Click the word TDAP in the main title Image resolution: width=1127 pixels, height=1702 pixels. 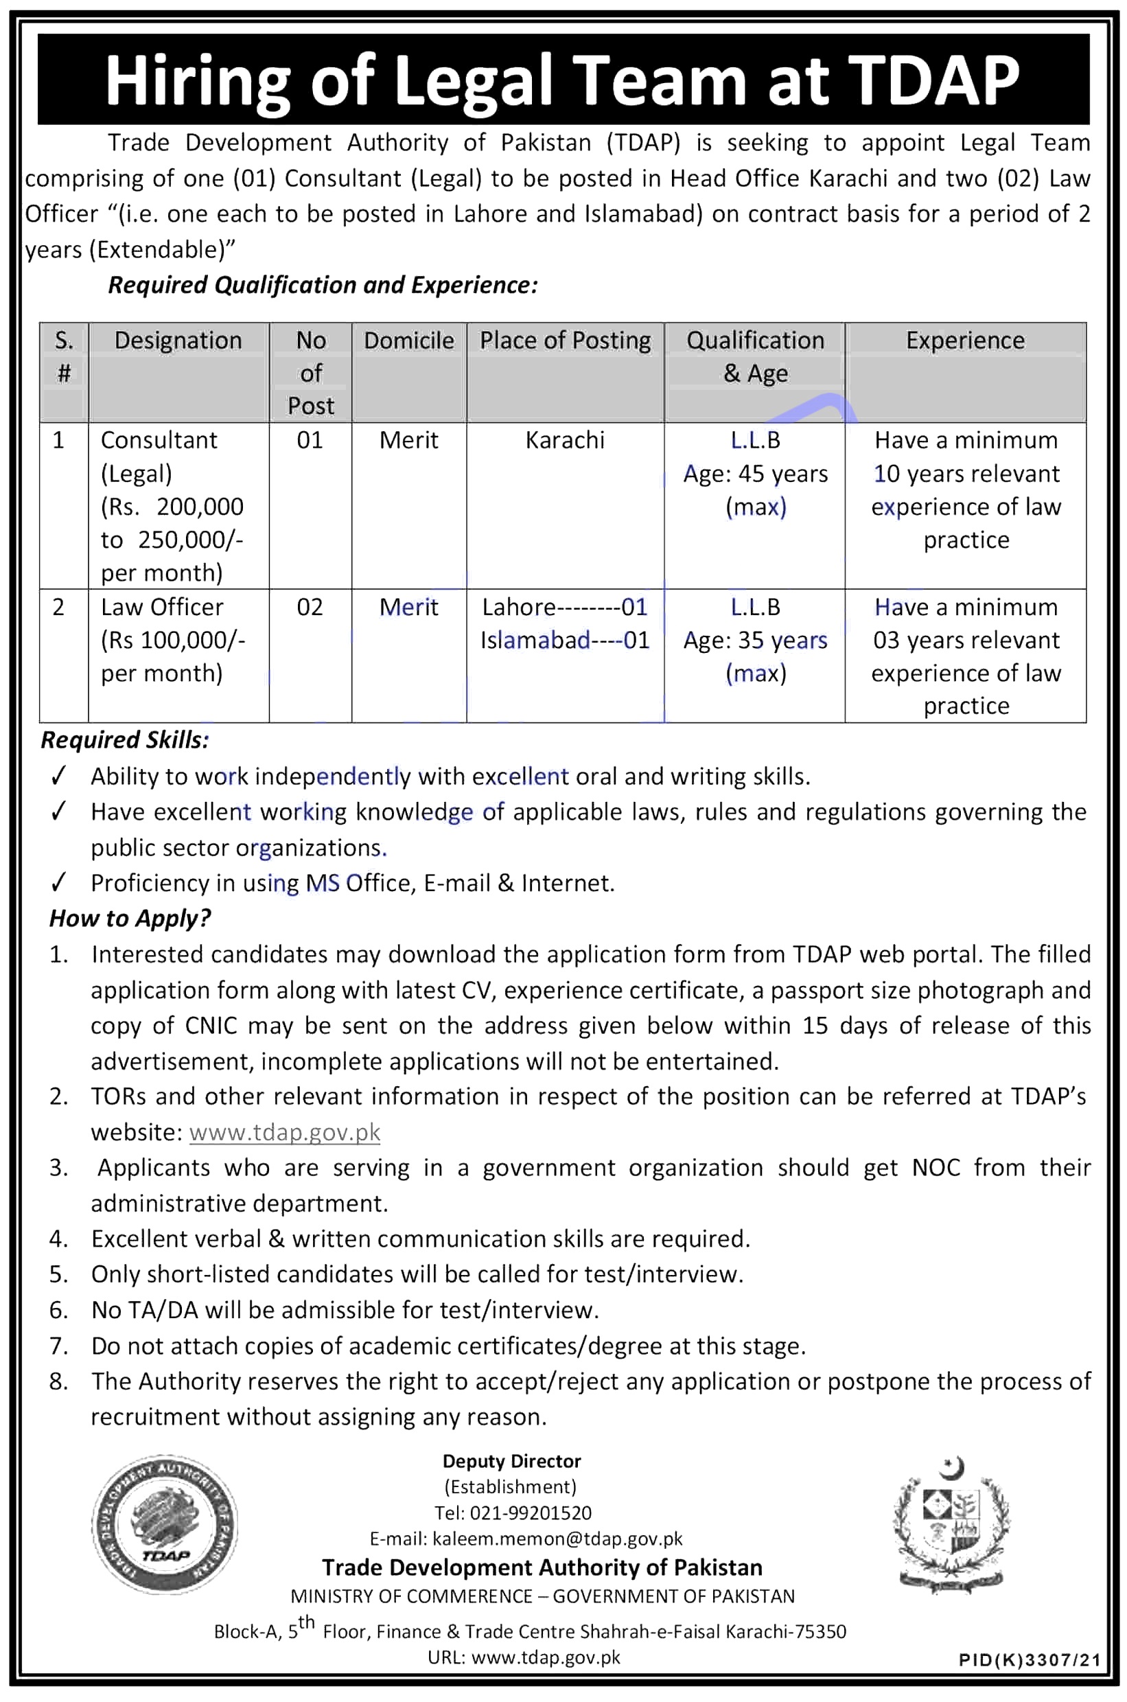tap(933, 80)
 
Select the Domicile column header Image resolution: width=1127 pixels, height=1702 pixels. tap(408, 340)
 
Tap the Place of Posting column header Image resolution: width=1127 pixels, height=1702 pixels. tap(565, 340)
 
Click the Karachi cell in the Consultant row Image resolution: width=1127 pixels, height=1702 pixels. tap(565, 440)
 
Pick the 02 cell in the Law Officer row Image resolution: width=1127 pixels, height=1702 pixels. tap(310, 608)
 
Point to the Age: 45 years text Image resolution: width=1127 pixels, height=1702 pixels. tap(755, 474)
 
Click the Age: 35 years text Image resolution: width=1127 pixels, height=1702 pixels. tap(755, 641)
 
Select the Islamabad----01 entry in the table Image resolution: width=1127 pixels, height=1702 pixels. tap(565, 641)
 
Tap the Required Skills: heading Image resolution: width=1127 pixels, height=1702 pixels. tap(125, 740)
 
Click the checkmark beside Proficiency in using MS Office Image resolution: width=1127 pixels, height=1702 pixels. tap(59, 882)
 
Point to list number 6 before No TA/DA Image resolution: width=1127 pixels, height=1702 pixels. tap(58, 1310)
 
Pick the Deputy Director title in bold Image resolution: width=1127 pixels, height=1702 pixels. tap(512, 1461)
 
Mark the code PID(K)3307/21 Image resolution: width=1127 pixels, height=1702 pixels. tap(1030, 1660)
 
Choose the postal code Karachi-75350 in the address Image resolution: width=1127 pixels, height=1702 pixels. tap(786, 1631)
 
